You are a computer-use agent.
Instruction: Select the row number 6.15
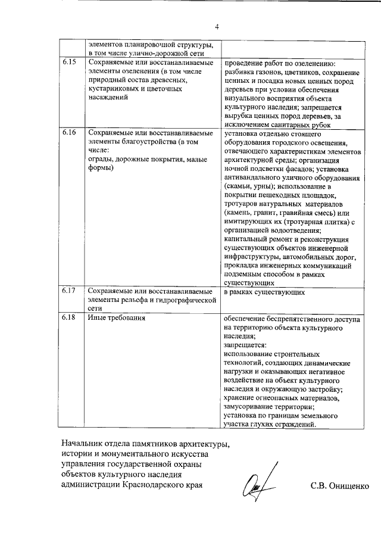[x=69, y=63]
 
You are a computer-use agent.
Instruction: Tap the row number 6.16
[x=69, y=133]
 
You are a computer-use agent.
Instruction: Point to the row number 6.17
[x=69, y=292]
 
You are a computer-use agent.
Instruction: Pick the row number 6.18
[x=69, y=319]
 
